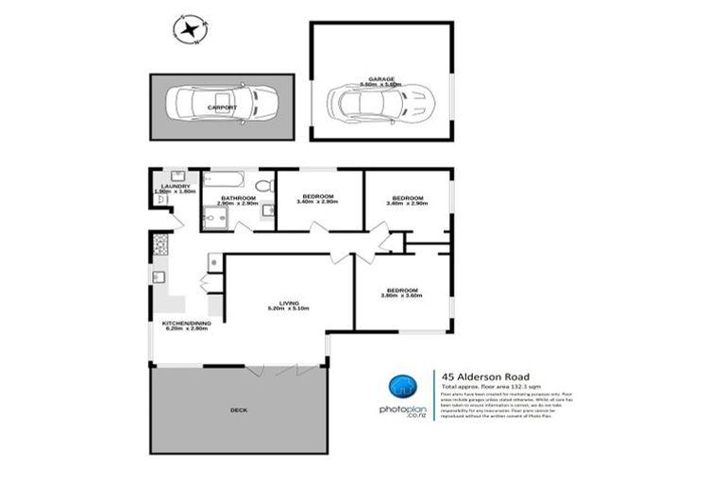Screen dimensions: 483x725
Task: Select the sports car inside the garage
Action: pos(379,101)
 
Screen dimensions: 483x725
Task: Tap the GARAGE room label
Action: pos(381,79)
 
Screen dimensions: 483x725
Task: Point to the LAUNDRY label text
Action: pos(176,186)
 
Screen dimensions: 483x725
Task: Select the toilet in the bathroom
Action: pos(266,183)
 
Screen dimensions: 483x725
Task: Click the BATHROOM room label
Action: pos(238,198)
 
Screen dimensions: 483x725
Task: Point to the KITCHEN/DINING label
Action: pos(186,323)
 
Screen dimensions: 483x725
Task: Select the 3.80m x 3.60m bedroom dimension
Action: pos(401,295)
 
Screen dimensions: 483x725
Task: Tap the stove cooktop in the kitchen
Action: pos(160,246)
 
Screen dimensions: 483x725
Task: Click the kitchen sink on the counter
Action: pos(160,277)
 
